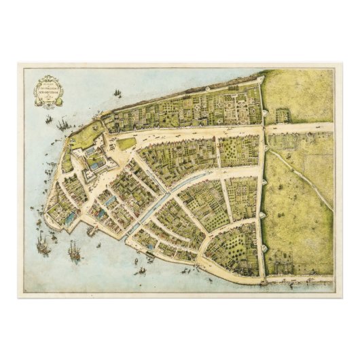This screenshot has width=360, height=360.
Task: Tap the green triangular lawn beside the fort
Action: pyautogui.click(x=127, y=143)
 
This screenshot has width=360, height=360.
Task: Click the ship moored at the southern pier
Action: pyautogui.click(x=90, y=231)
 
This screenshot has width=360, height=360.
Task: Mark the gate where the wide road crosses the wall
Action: pyautogui.click(x=264, y=127)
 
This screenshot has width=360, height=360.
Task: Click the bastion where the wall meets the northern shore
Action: pyautogui.click(x=260, y=77)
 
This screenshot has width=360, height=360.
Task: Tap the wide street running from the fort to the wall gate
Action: pyautogui.click(x=197, y=132)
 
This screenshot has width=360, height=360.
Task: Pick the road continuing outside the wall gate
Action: pyautogui.click(x=299, y=127)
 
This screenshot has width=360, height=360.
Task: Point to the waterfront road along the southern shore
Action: pyautogui.click(x=204, y=272)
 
